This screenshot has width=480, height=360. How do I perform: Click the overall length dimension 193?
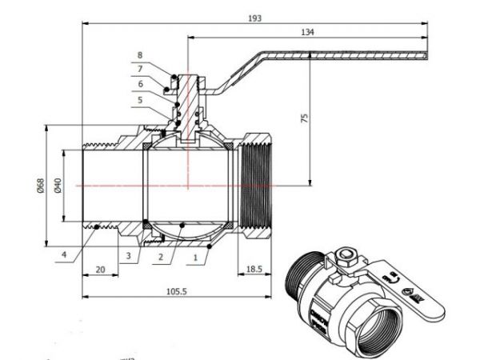(254, 17)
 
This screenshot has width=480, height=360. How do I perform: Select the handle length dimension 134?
(307, 31)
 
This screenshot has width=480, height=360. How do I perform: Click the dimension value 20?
(101, 270)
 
